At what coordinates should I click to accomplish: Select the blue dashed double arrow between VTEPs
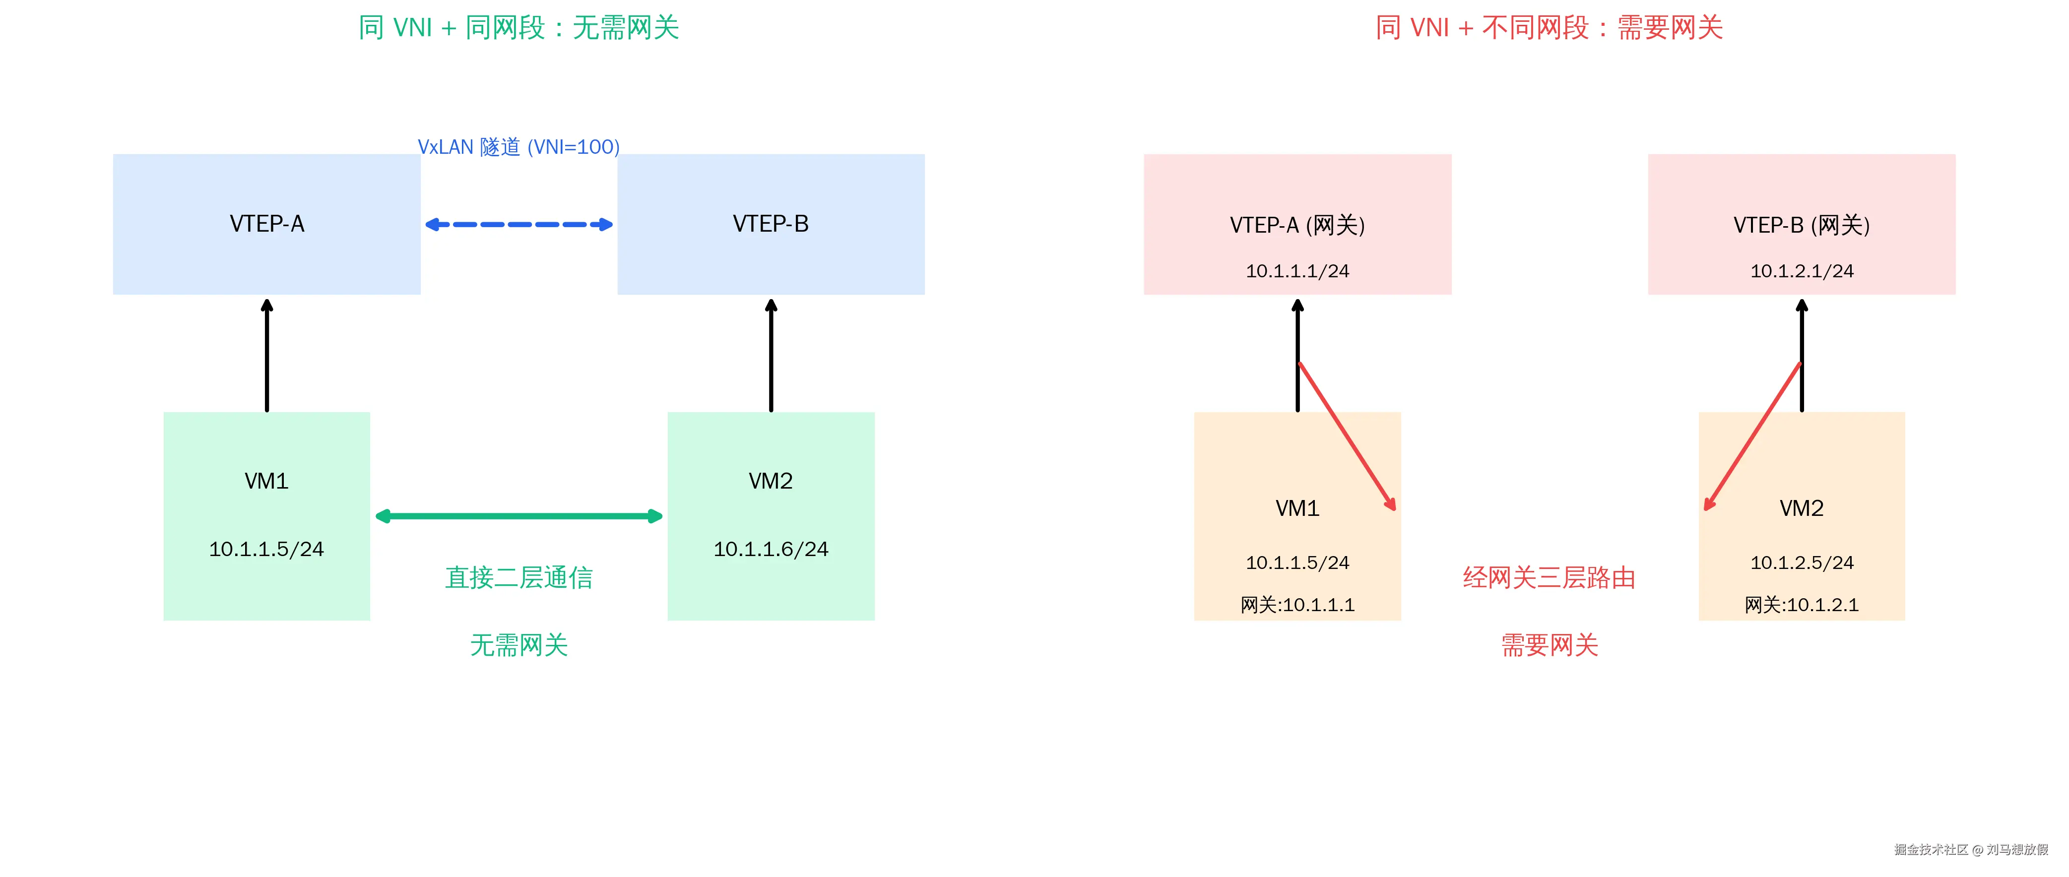[519, 224]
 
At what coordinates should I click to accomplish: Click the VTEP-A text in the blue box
[266, 224]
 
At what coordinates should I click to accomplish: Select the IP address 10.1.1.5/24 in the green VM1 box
[266, 549]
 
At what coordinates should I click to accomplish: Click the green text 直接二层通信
[519, 577]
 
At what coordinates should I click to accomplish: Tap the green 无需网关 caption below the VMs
[519, 645]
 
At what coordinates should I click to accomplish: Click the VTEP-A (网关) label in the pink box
[1297, 225]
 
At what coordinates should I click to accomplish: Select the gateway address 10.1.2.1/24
[1802, 271]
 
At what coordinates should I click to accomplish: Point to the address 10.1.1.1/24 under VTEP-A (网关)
[1297, 271]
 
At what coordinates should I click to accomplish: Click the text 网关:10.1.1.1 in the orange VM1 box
[1297, 605]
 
